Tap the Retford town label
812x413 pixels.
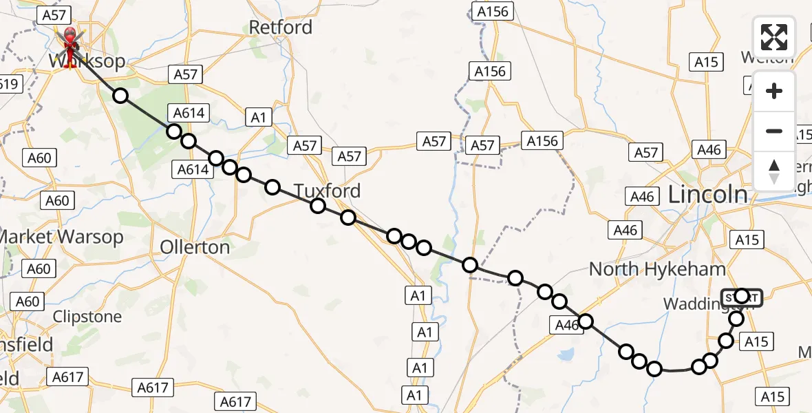(x=281, y=28)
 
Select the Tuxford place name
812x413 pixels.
(x=328, y=191)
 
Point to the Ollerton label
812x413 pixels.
(x=195, y=246)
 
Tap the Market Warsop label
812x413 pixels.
(x=61, y=237)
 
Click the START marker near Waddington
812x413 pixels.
(x=742, y=297)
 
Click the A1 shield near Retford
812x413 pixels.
(x=258, y=118)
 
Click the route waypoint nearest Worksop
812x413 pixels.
(x=120, y=96)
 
